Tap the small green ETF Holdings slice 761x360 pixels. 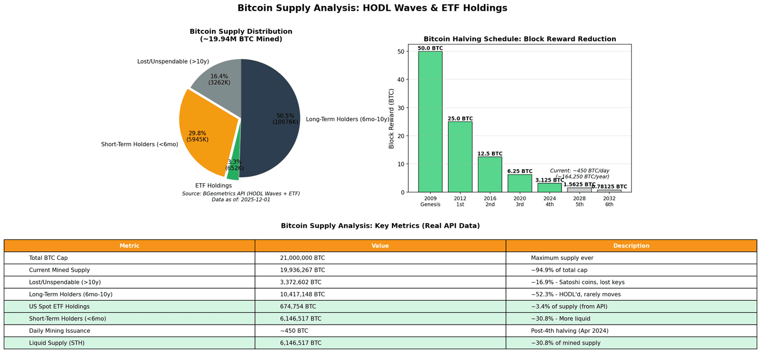click(x=233, y=173)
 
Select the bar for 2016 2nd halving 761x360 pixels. click(x=490, y=174)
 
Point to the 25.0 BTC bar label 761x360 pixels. click(x=460, y=119)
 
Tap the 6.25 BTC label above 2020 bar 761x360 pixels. click(x=520, y=171)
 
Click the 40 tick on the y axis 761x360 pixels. click(x=401, y=79)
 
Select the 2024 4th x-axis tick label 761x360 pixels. click(x=550, y=201)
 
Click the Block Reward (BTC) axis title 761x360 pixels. click(x=392, y=119)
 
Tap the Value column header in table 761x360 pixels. click(x=380, y=246)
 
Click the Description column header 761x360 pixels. click(x=631, y=246)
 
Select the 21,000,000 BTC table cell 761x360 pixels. click(x=302, y=258)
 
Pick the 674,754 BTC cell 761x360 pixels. click(x=298, y=307)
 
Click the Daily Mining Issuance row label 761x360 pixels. click(x=60, y=331)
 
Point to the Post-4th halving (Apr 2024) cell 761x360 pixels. click(x=570, y=331)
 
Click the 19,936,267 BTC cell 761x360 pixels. click(x=302, y=270)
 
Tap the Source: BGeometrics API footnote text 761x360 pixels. click(x=241, y=194)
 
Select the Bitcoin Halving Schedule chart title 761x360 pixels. click(x=520, y=39)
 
